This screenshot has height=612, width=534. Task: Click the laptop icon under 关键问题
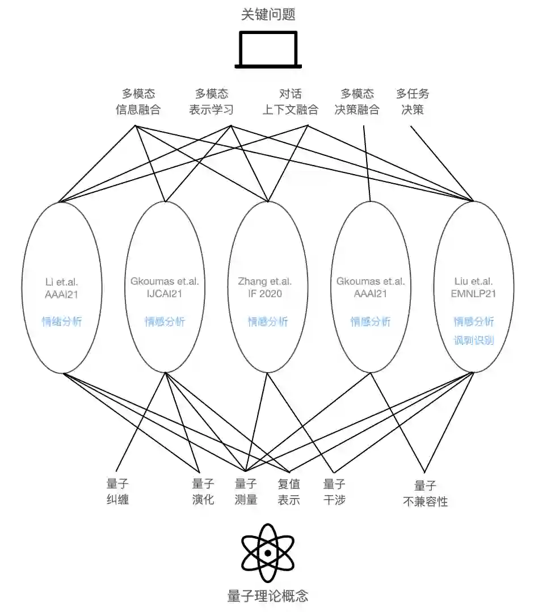point(268,49)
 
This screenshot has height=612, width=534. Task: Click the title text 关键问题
point(268,14)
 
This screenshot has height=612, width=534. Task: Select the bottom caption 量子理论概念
point(267,596)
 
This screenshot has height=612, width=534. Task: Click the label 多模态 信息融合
point(138,102)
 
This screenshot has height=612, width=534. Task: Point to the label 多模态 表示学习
point(211,102)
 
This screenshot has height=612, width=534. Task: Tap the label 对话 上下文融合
point(290,102)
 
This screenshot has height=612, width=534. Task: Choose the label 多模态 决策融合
point(357,102)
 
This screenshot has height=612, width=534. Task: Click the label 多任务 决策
point(413,102)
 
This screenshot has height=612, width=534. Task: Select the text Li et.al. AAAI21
point(62,288)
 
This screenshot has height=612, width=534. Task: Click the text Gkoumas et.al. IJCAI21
point(165,288)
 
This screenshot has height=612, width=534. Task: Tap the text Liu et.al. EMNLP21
point(473,288)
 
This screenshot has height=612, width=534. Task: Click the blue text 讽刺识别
point(473,340)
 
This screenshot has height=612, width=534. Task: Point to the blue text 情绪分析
point(62,322)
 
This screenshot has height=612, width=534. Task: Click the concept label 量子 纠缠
point(117,492)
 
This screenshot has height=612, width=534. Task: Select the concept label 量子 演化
point(203,492)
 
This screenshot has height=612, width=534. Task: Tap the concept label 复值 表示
point(289,492)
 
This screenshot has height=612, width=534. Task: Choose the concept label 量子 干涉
point(334,492)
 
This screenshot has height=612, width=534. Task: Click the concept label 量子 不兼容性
point(425,493)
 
